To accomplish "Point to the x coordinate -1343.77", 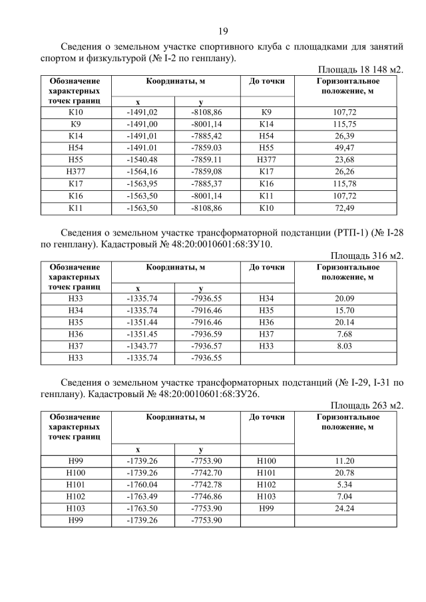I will point(142,346).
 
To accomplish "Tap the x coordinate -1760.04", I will point(142,483).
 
